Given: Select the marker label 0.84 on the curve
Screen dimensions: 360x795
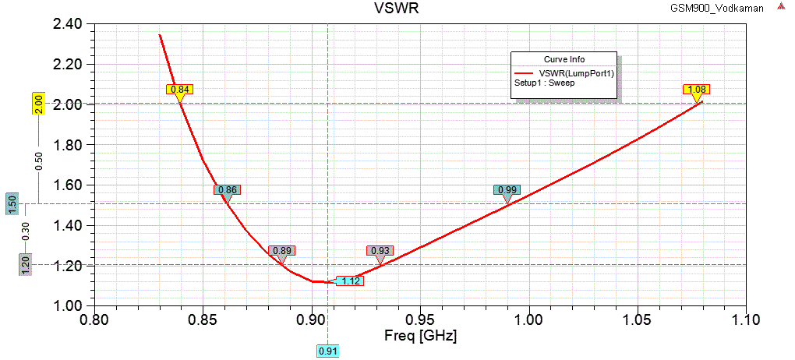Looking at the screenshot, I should pyautogui.click(x=180, y=89).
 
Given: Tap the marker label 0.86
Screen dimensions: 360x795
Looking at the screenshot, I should pyautogui.click(x=227, y=189).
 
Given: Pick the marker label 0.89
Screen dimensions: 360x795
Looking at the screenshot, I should pyautogui.click(x=281, y=251).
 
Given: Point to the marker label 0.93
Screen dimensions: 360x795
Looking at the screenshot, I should pyautogui.click(x=380, y=250).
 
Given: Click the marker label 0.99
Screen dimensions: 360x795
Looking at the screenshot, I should pyautogui.click(x=507, y=189).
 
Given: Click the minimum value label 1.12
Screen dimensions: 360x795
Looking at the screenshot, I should pyautogui.click(x=350, y=281).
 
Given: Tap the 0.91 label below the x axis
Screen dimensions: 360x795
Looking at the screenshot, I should pyautogui.click(x=327, y=351).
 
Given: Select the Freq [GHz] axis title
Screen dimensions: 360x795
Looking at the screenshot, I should pyautogui.click(x=421, y=337).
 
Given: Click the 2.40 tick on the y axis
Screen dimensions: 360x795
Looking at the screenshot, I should pyautogui.click(x=68, y=24).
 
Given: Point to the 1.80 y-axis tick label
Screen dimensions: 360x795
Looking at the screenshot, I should pyautogui.click(x=68, y=145).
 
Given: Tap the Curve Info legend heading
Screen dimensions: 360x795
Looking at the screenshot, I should pyautogui.click(x=564, y=59).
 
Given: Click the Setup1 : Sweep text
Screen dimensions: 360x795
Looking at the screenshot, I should pyautogui.click(x=544, y=83).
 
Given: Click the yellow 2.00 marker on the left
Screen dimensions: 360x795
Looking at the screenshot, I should pyautogui.click(x=37, y=104).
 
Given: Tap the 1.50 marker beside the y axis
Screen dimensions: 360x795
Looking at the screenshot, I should pyautogui.click(x=12, y=203).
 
